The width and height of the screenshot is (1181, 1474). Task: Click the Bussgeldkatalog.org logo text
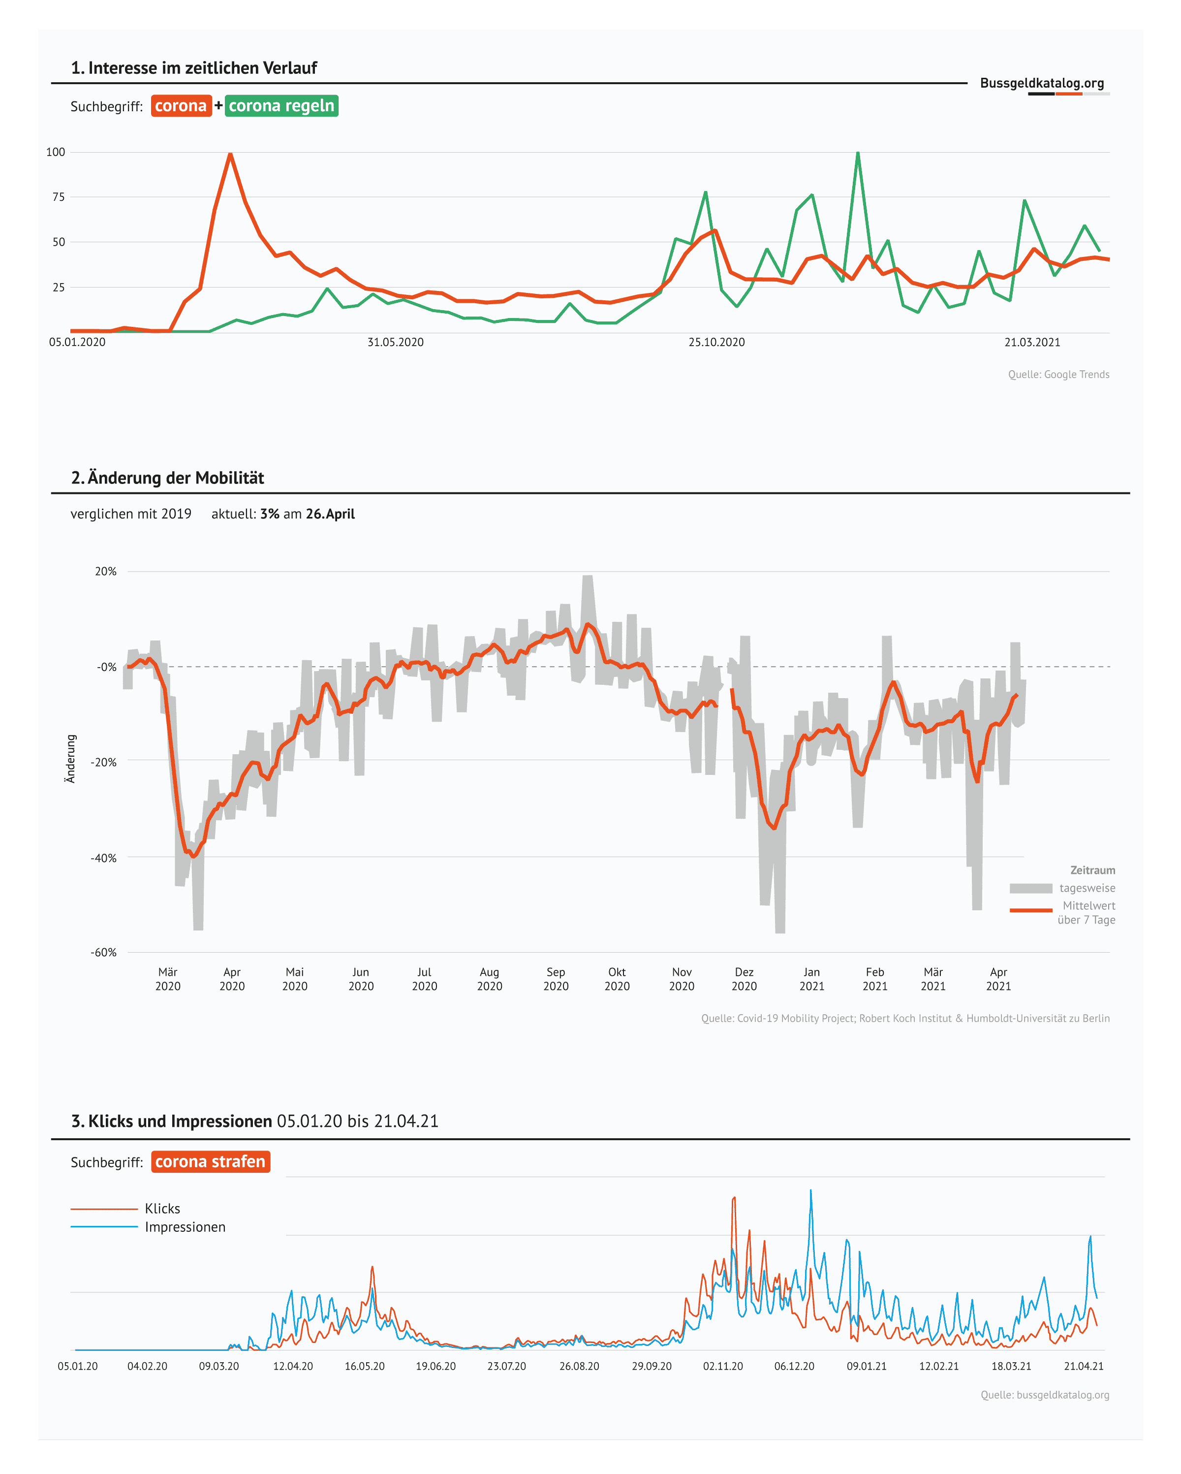click(x=1042, y=83)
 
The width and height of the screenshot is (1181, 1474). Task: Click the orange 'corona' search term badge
click(x=181, y=106)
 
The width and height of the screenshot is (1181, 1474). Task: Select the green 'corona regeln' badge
click(x=281, y=106)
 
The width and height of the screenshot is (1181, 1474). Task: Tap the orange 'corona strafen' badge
click(x=211, y=1161)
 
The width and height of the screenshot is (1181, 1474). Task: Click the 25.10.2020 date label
click(x=716, y=342)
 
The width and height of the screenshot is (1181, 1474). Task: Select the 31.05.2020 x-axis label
click(x=395, y=342)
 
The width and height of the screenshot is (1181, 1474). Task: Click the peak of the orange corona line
click(x=230, y=155)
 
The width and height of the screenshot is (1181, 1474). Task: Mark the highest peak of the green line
click(x=858, y=153)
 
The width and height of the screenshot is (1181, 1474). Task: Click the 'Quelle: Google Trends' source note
click(x=1058, y=374)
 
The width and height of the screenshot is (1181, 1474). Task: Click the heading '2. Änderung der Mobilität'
click(x=167, y=477)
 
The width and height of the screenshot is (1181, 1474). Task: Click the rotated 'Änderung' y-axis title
click(x=70, y=759)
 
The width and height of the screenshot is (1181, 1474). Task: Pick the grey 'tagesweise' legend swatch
click(x=1030, y=888)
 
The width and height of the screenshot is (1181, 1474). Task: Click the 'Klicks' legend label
click(x=163, y=1208)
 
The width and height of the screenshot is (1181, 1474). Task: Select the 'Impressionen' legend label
click(x=185, y=1226)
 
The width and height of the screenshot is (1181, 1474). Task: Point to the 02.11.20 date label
click(x=722, y=1366)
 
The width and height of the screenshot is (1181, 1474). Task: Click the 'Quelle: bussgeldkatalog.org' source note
click(x=1044, y=1395)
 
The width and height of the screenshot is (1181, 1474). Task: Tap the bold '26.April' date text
click(x=330, y=514)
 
